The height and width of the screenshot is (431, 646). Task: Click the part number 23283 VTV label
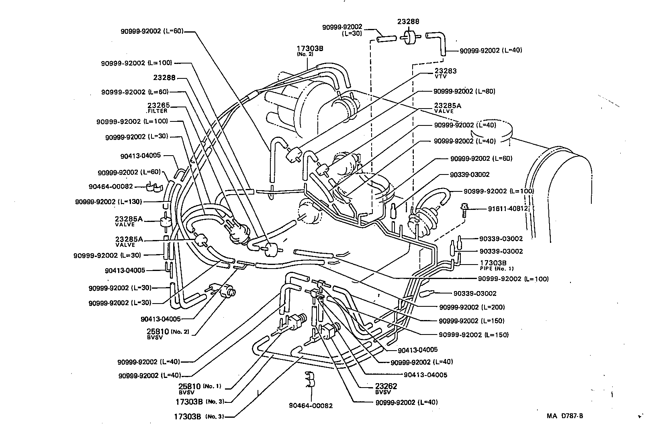click(x=446, y=73)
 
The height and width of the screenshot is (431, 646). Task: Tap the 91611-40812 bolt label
click(x=508, y=209)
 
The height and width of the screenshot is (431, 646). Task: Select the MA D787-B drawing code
click(x=564, y=416)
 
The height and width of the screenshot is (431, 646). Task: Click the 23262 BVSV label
click(x=386, y=388)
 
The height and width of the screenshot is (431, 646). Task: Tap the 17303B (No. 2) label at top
click(x=310, y=50)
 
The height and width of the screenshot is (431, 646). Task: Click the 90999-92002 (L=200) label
click(x=472, y=307)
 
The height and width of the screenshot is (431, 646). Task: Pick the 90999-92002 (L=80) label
click(x=464, y=91)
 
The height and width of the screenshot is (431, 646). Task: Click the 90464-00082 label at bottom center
click(x=311, y=406)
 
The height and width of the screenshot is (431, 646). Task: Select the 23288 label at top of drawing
click(x=408, y=22)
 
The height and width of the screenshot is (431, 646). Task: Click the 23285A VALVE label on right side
click(x=447, y=108)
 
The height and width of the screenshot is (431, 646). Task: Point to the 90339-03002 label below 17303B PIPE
click(x=475, y=293)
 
